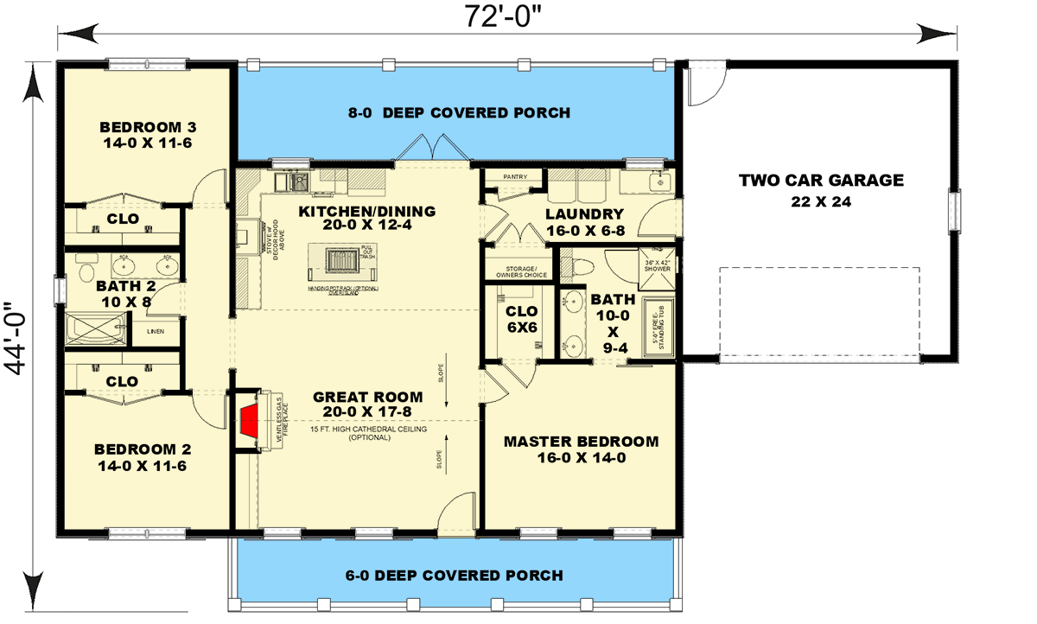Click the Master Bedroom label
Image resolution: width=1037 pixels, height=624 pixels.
pos(581,449)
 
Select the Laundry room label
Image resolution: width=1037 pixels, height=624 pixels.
pos(585,223)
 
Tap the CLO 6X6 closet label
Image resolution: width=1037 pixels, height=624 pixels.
pos(521,319)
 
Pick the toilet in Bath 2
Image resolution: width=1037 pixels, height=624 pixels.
pos(85,274)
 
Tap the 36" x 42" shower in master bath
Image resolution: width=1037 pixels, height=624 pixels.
pos(659,265)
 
